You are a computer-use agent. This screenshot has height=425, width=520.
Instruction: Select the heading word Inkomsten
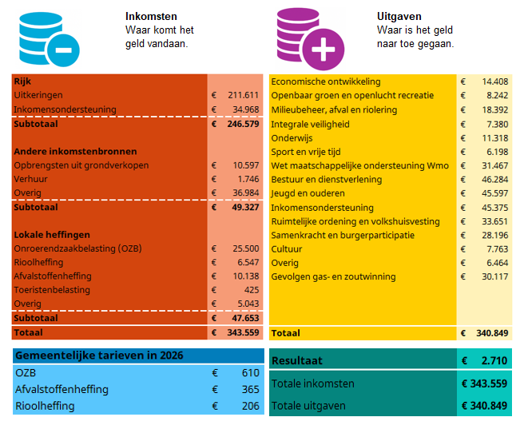click(151, 16)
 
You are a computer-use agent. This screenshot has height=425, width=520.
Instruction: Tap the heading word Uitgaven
click(399, 16)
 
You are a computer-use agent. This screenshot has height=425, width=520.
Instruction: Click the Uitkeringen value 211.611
click(243, 95)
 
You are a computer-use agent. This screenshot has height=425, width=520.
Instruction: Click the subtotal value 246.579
click(242, 124)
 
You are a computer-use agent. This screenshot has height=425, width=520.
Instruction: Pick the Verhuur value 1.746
click(248, 179)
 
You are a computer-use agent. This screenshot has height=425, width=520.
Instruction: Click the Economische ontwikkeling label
click(325, 81)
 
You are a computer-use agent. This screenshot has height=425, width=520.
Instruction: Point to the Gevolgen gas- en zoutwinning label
click(333, 276)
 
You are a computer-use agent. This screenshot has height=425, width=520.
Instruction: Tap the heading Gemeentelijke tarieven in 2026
click(93, 355)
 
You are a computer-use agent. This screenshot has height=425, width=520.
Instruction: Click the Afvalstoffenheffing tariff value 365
click(250, 389)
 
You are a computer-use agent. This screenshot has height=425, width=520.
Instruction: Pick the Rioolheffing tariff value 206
click(250, 406)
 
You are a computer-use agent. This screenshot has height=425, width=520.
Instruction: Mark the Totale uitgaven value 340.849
click(484, 406)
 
